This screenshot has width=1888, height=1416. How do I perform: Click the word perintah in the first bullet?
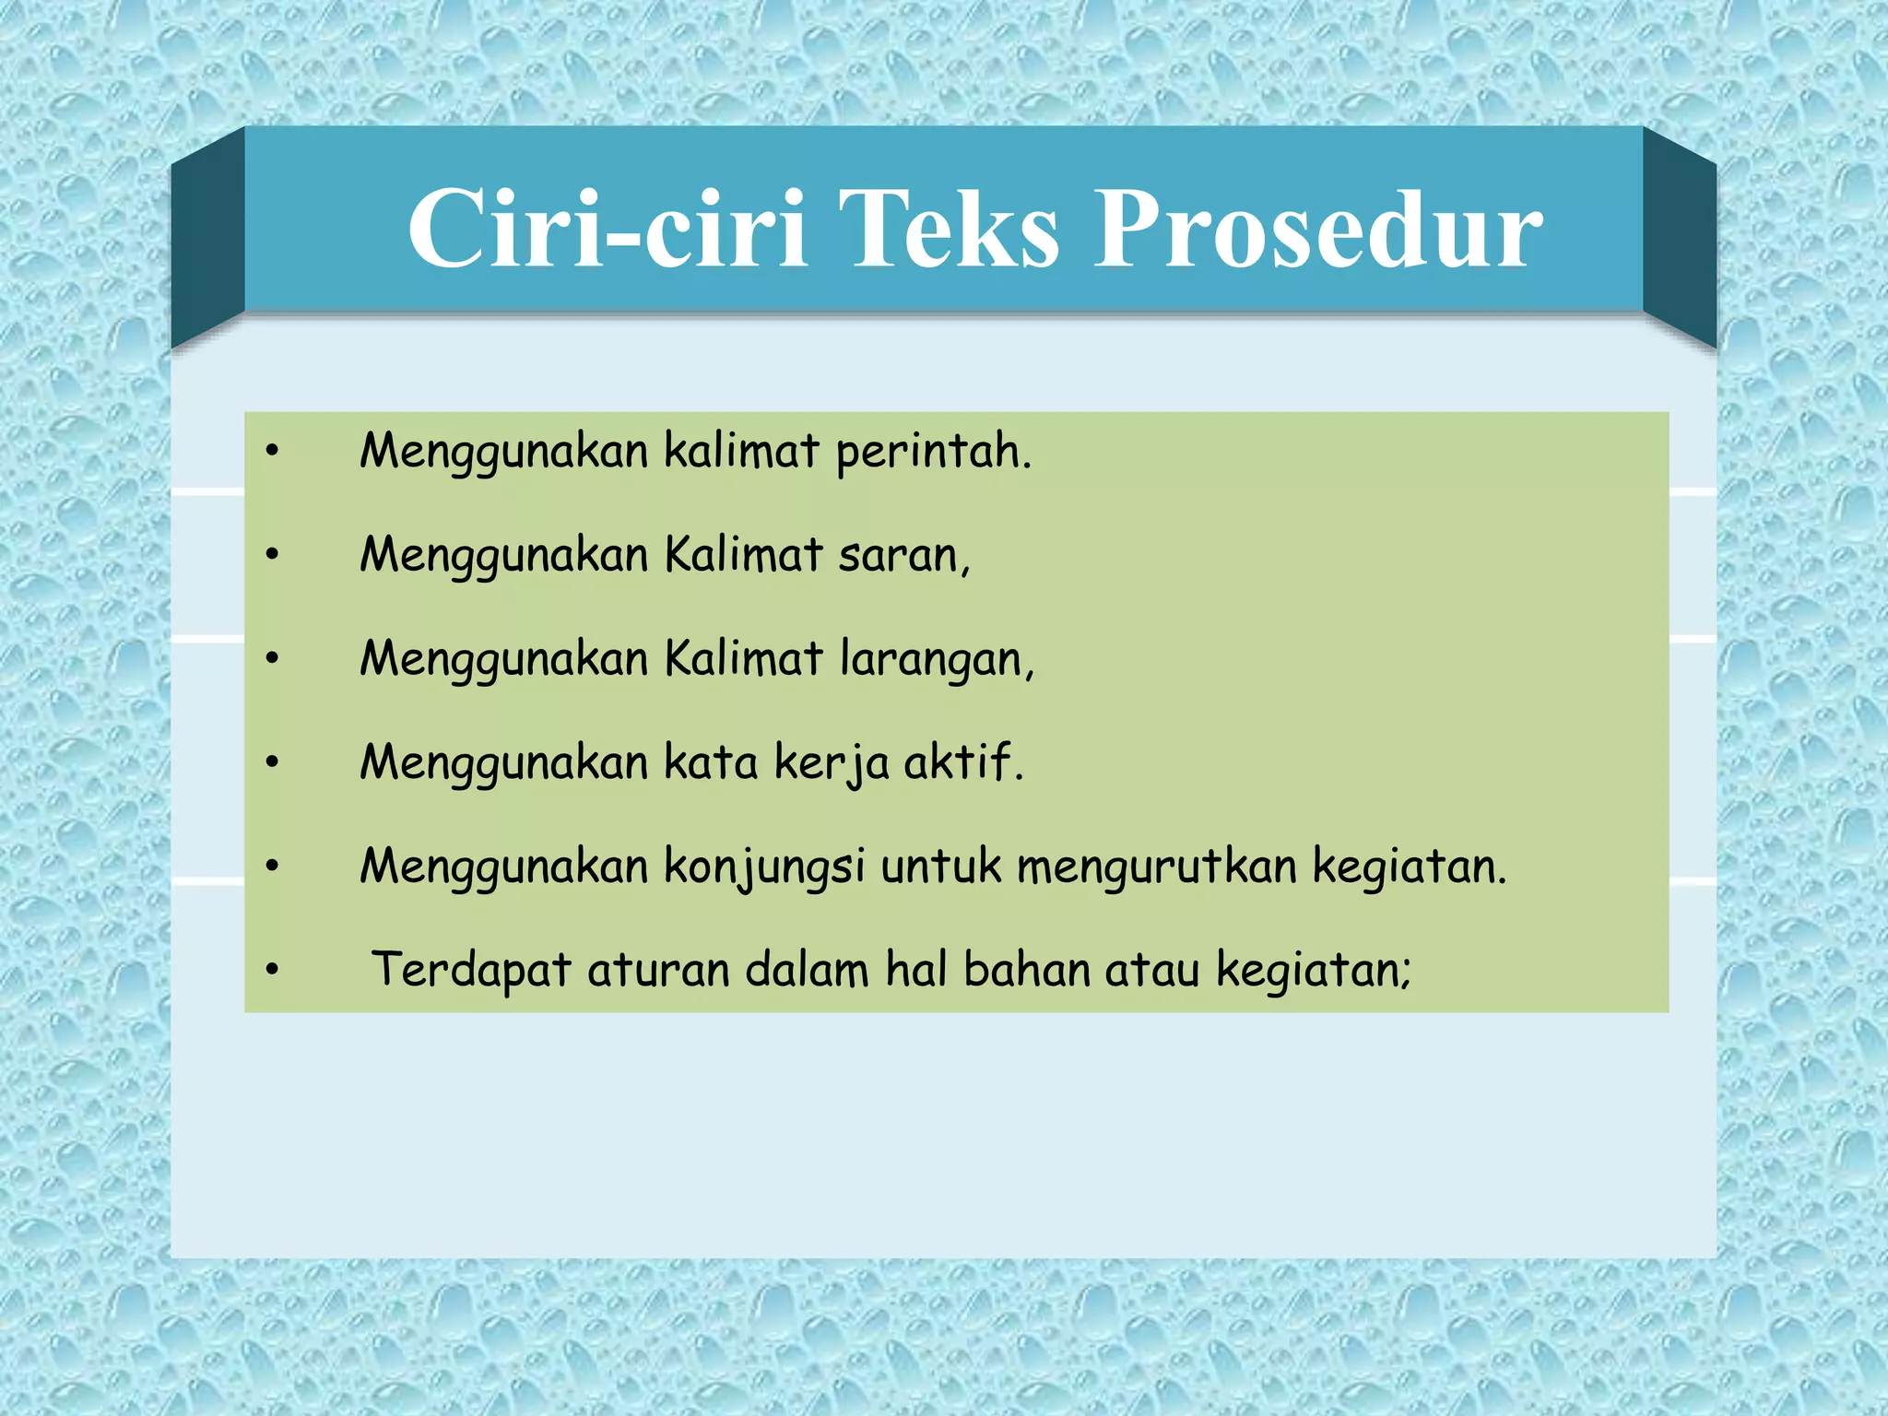coord(932,453)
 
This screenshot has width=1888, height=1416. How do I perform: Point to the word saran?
coord(903,556)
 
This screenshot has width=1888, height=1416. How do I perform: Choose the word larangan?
coord(937,660)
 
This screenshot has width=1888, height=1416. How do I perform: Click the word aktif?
coord(962,762)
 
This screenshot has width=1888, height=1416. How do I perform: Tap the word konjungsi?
coord(764,867)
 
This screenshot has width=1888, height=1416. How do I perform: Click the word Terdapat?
coord(470,971)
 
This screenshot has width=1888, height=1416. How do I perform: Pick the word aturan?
coord(658,971)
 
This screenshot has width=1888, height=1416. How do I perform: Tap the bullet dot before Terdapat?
coord(272,970)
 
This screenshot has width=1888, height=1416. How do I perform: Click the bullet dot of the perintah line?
coord(272,452)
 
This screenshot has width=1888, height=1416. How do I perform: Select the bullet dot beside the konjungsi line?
coord(272,866)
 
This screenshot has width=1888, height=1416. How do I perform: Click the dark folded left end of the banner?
coord(207,240)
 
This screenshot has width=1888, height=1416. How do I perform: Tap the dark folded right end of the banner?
coord(1679,240)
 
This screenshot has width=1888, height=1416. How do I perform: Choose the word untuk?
coord(940,867)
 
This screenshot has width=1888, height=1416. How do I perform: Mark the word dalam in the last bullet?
coord(807,970)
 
